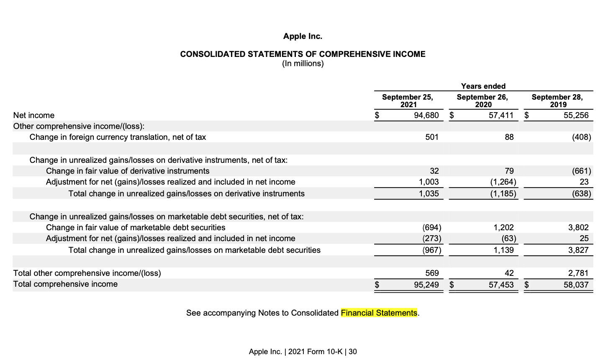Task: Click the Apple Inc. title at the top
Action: click(x=303, y=36)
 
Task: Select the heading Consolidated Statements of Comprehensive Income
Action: click(x=303, y=54)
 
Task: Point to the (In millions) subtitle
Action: click(x=303, y=64)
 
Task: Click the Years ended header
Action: click(x=483, y=86)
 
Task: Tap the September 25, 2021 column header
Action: click(x=407, y=101)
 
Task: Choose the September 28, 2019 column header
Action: click(x=557, y=101)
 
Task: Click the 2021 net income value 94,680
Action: click(x=426, y=115)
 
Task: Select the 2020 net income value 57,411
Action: click(x=501, y=115)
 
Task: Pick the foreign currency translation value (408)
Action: click(x=581, y=137)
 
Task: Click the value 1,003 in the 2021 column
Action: click(x=429, y=182)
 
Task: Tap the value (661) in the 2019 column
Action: click(x=581, y=171)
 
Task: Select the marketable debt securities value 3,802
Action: click(x=578, y=227)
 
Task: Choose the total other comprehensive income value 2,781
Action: click(x=578, y=273)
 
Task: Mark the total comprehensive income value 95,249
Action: click(x=426, y=285)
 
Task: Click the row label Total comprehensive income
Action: click(x=65, y=284)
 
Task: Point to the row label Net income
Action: click(x=34, y=115)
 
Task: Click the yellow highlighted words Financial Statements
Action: click(x=379, y=313)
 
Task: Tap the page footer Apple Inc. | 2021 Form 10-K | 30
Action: click(x=303, y=352)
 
